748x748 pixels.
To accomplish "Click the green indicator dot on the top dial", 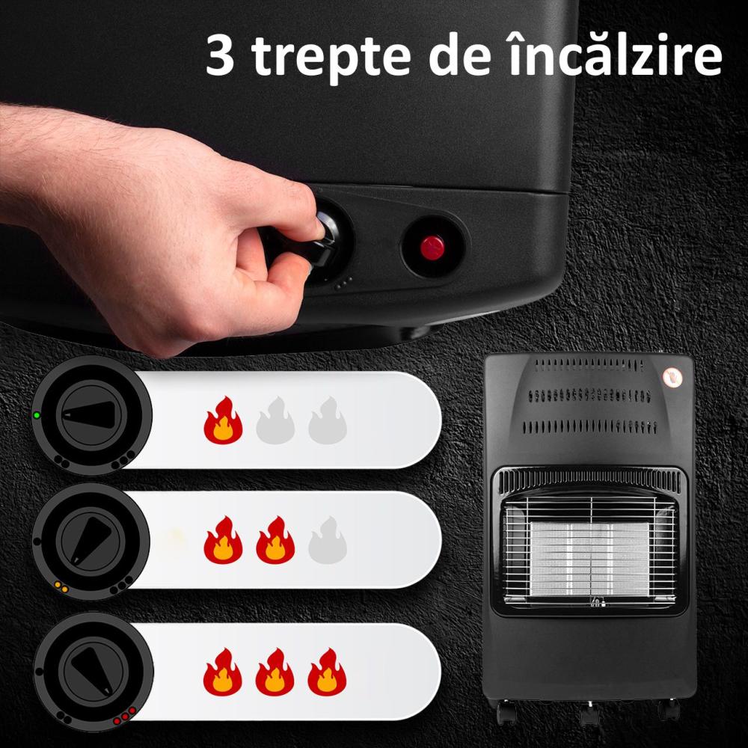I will coord(36,415).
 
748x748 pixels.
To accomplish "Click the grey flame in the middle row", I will coord(327,539).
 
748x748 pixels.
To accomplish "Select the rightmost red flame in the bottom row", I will coord(327,672).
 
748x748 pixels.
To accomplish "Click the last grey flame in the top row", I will coord(327,421).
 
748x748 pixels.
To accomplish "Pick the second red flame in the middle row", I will coord(275,539).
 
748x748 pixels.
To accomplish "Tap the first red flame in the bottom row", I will coord(223,672).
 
